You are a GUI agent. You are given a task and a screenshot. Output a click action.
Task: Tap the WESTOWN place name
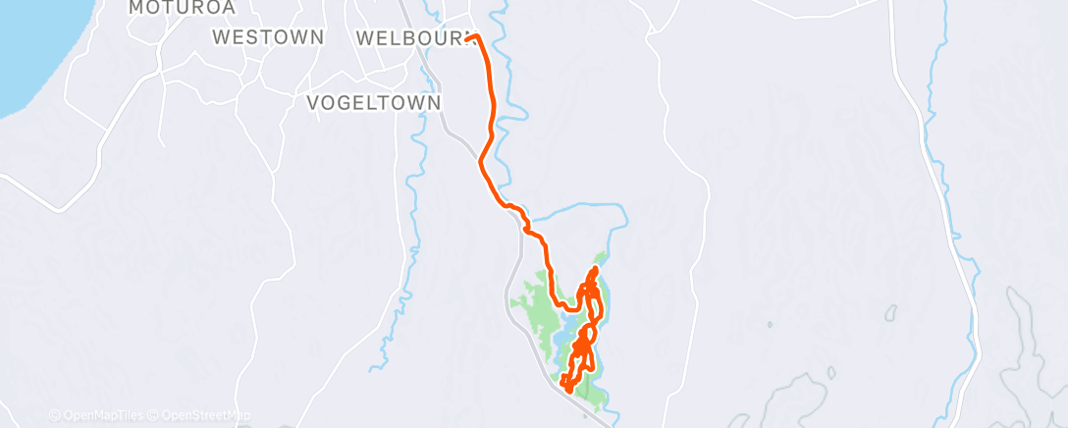tap(268, 38)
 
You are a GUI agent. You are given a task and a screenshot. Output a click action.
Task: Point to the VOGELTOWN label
tap(373, 103)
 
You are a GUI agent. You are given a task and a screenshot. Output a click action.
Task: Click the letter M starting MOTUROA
tap(137, 8)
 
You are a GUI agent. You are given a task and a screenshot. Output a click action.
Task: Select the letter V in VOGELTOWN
tap(314, 103)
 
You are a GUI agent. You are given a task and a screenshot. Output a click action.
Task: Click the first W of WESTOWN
tap(222, 38)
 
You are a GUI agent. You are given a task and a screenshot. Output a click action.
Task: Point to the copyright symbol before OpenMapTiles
tap(55, 415)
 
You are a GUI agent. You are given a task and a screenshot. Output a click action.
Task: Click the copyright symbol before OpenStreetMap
tap(156, 415)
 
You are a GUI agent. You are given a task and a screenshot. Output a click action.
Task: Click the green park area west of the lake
tap(538, 314)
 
